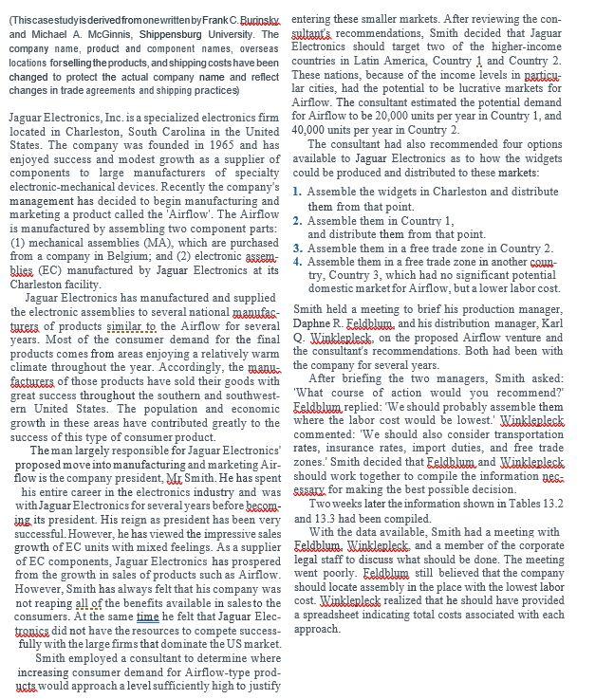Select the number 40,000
pos(310,130)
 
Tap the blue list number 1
pos(298,192)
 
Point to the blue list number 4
pos(298,261)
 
